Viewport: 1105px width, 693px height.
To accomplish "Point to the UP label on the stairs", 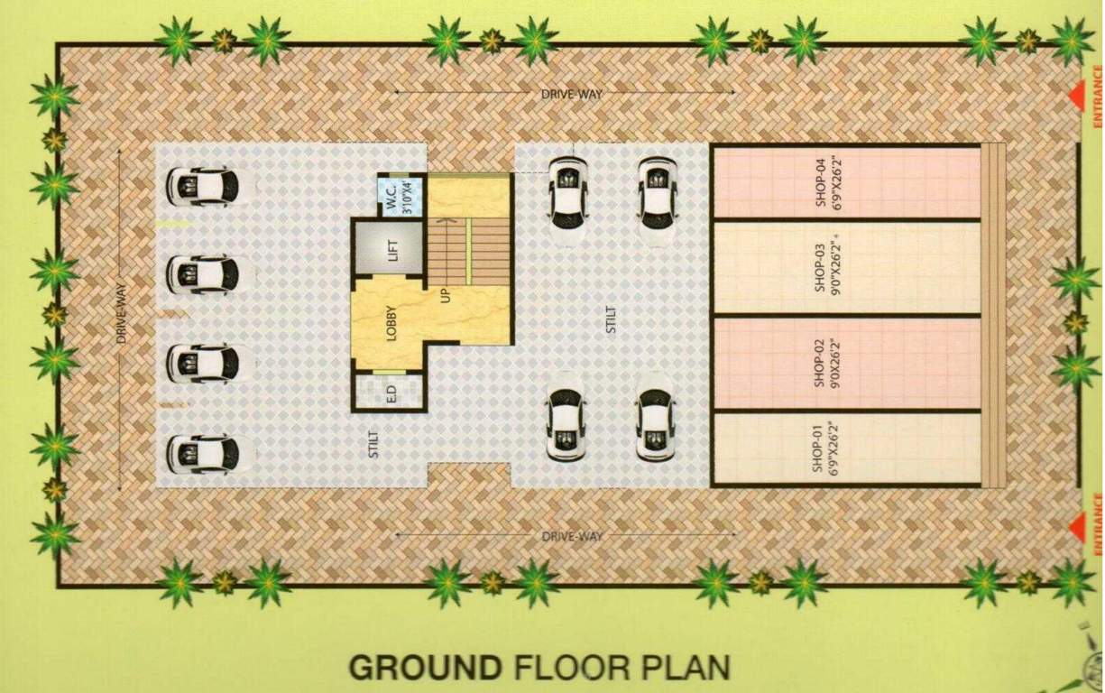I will click(446, 294).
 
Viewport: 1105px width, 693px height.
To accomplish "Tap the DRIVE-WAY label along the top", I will click(572, 93).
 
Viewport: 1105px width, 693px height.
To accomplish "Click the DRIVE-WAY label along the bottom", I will click(572, 536).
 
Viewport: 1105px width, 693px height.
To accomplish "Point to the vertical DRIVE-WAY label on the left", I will click(121, 316).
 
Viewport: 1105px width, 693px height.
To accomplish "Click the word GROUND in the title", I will click(425, 668).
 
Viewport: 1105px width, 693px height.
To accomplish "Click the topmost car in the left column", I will click(202, 186).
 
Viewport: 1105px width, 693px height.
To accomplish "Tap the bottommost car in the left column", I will click(202, 454).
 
